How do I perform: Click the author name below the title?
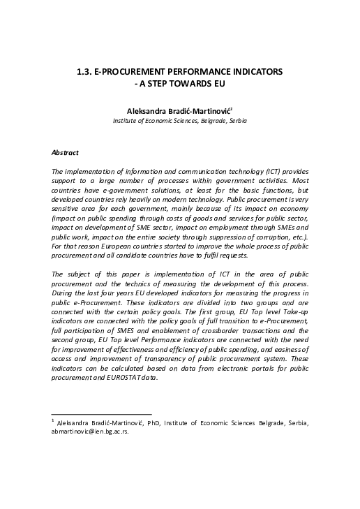coord(179,110)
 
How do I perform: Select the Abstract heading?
coord(66,152)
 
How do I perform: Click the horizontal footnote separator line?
coord(102,414)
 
